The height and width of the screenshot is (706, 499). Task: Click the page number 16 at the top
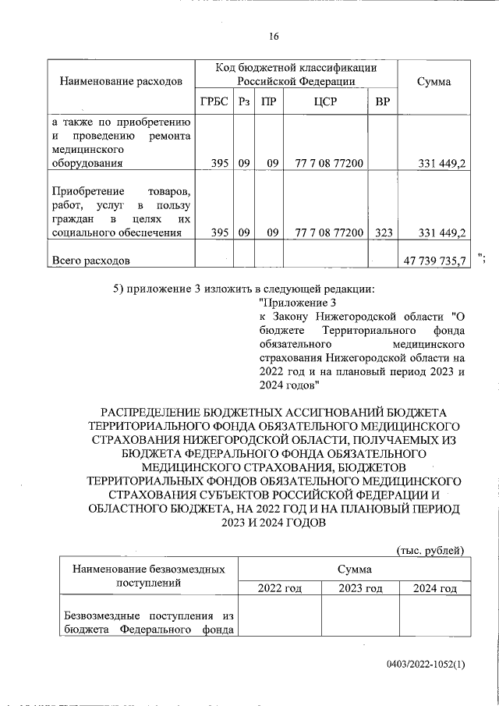tap(274, 37)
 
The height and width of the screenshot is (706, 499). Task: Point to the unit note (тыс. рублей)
tap(430, 550)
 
